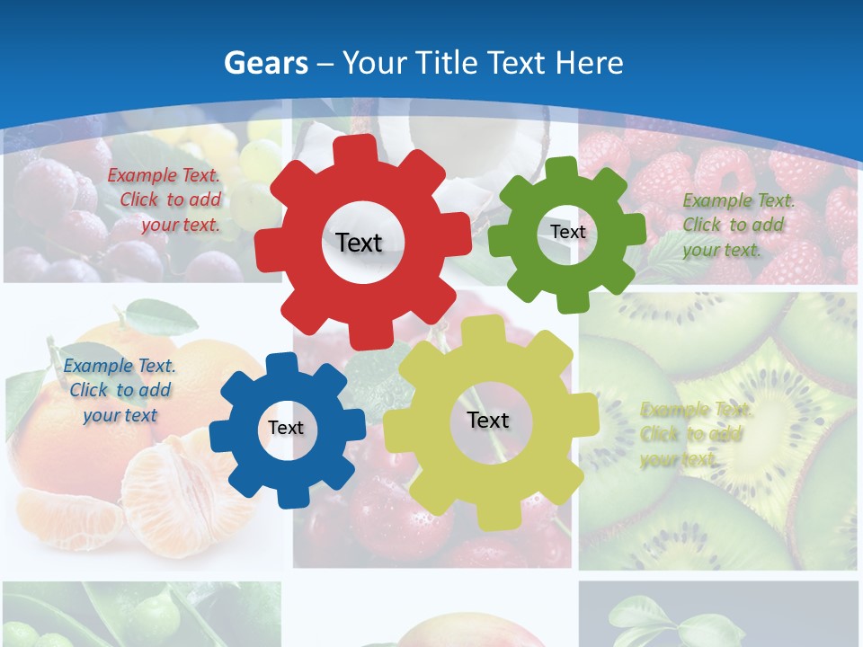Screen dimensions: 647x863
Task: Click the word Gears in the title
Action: pyautogui.click(x=265, y=63)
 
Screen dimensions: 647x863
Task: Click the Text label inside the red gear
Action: pyautogui.click(x=359, y=243)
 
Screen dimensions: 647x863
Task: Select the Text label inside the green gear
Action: pyautogui.click(x=568, y=232)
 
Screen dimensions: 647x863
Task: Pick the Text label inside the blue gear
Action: pyautogui.click(x=286, y=429)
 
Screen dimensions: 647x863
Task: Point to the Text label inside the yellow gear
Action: pyautogui.click(x=488, y=421)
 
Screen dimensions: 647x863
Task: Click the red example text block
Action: pyautogui.click(x=165, y=200)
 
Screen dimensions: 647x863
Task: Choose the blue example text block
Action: pyautogui.click(x=119, y=391)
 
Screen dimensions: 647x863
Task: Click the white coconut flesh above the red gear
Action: pyautogui.click(x=423, y=135)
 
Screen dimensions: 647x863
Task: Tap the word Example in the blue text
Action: pyautogui.click(x=98, y=367)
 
